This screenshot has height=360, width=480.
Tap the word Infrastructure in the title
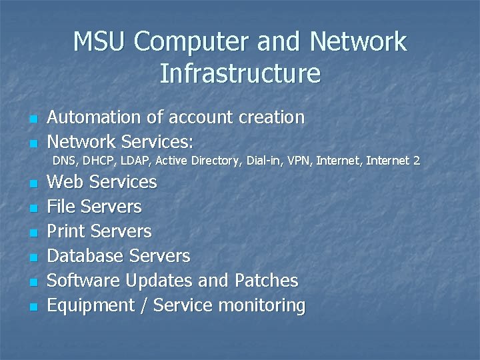240,73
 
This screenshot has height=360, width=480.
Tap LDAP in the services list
135,161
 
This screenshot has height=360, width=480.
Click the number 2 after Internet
417,161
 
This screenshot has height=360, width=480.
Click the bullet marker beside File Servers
31,208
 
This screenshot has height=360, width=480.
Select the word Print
66,232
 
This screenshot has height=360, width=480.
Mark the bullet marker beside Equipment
31,307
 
